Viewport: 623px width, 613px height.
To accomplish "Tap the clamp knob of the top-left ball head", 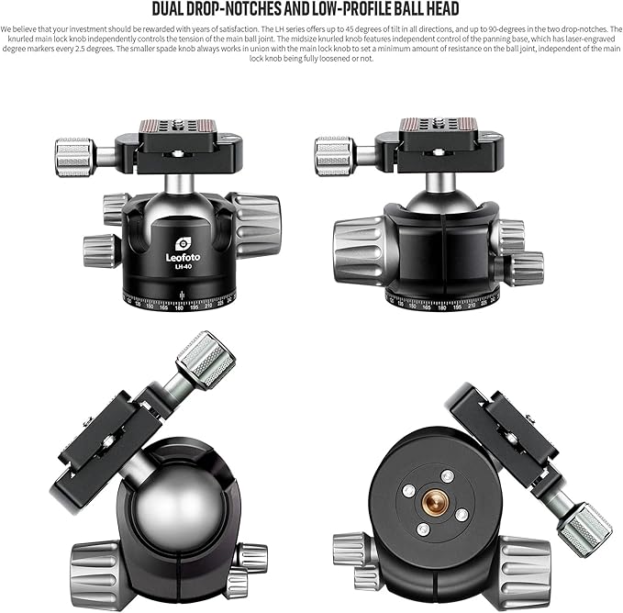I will coord(74,156).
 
